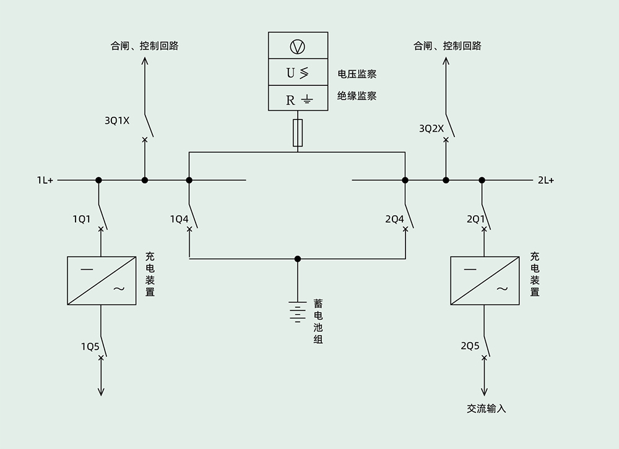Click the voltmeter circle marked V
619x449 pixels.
(x=298, y=46)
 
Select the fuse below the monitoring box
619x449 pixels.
(x=298, y=134)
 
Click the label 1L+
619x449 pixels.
(x=45, y=181)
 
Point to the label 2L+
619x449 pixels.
(x=545, y=181)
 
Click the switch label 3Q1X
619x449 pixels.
(x=117, y=121)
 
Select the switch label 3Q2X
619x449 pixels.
(x=431, y=129)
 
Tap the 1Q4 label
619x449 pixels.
(x=179, y=219)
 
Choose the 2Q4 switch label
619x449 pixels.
(x=394, y=219)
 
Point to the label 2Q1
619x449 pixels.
(x=475, y=219)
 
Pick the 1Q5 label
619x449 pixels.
(x=90, y=346)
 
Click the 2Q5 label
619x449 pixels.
(x=470, y=346)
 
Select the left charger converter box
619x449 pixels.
(x=102, y=280)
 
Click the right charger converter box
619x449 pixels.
(x=485, y=280)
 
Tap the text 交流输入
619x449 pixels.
(x=487, y=409)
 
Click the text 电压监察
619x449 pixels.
(x=357, y=74)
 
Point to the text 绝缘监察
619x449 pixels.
(x=357, y=96)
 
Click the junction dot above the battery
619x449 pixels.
(x=298, y=259)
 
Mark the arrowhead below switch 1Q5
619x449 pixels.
(x=102, y=391)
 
